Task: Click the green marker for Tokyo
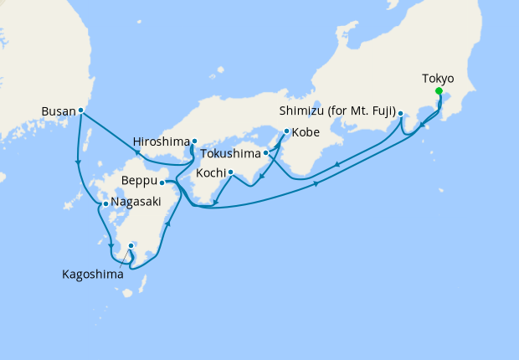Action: pyautogui.click(x=439, y=93)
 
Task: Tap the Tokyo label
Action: pyautogui.click(x=439, y=79)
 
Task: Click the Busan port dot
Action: pyautogui.click(x=80, y=110)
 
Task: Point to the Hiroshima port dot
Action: pyautogui.click(x=194, y=141)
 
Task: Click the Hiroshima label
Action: pyautogui.click(x=161, y=141)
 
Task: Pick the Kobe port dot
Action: pyautogui.click(x=286, y=131)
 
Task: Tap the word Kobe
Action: pyautogui.click(x=306, y=132)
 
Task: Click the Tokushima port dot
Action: pyautogui.click(x=266, y=153)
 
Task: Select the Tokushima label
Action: pyautogui.click(x=231, y=154)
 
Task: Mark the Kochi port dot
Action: pyautogui.click(x=230, y=172)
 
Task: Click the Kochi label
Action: pyautogui.click(x=210, y=172)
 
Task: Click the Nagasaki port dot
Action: pyautogui.click(x=105, y=203)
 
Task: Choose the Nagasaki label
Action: pyautogui.click(x=136, y=203)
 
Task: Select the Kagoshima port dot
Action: pyautogui.click(x=131, y=245)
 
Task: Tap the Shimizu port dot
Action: pyautogui.click(x=400, y=113)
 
